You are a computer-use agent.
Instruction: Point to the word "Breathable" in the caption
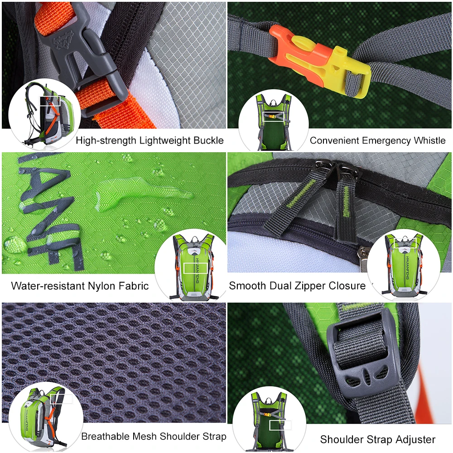coord(106,437)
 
